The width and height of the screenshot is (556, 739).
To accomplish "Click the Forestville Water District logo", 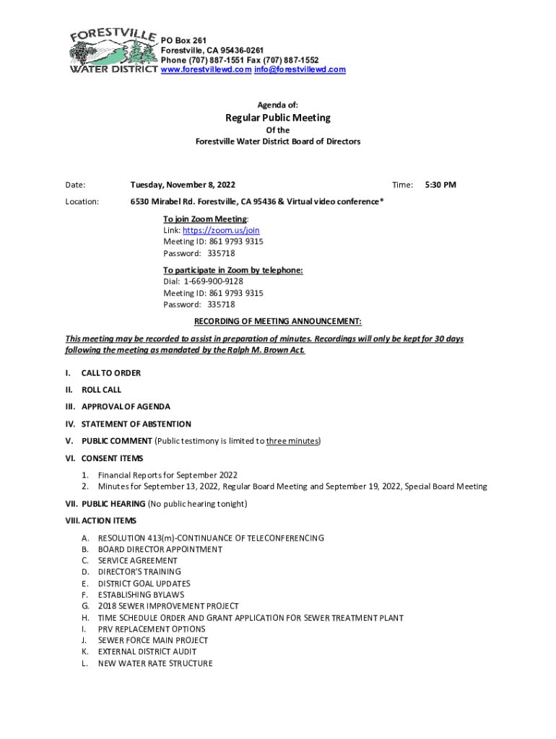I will click(x=113, y=51).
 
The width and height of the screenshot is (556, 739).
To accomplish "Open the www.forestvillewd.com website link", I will click(x=206, y=70).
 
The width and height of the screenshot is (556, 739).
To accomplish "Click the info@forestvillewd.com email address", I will click(x=300, y=70).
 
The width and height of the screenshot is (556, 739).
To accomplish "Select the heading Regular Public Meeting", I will click(x=278, y=118).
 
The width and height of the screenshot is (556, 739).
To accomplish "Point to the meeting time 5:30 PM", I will click(x=440, y=185).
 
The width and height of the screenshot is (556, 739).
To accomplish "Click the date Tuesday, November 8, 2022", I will click(x=183, y=185).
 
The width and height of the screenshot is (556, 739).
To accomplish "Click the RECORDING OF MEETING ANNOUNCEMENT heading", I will click(x=278, y=321).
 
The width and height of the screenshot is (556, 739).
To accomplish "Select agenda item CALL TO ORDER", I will click(x=110, y=373).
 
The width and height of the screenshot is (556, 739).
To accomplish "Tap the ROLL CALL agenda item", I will click(x=101, y=390).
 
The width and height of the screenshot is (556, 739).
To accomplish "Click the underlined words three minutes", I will click(x=292, y=441).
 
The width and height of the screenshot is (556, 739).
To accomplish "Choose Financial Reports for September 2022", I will click(x=168, y=475).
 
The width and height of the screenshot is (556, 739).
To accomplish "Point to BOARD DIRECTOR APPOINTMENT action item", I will click(x=160, y=549).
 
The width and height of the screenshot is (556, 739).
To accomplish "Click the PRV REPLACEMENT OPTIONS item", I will click(x=152, y=629).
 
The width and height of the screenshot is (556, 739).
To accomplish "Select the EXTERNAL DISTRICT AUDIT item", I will click(x=147, y=652).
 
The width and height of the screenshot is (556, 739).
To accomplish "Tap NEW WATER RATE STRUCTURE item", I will click(x=155, y=663).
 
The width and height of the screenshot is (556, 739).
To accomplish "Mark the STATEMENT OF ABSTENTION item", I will click(x=136, y=424).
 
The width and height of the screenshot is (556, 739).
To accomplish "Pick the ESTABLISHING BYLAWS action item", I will click(x=141, y=595).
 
